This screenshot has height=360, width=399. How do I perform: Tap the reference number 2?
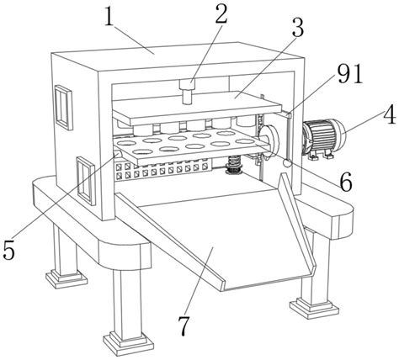pos(221,13)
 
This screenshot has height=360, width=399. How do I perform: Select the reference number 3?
pos(298,28)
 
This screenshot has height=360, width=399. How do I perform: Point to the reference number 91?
pos(350,74)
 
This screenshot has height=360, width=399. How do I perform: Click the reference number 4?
pos(390,115)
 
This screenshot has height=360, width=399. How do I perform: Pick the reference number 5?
pos(8,250)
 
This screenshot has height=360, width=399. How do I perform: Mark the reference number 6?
pos(346,183)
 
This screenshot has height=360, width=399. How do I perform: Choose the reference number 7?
pos(184,326)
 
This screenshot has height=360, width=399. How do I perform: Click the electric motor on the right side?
pos(324,138)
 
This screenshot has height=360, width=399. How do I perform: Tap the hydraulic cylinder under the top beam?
pos(187,92)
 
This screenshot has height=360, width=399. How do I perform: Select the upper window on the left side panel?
pos(63,108)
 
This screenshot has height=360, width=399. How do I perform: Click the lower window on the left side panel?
pos(85,180)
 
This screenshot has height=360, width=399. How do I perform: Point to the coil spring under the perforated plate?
pos(234,165)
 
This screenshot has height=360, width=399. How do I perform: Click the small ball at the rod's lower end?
pos(287,163)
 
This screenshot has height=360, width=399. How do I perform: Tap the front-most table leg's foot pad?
pos(129,342)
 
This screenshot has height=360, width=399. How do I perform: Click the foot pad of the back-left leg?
pos(66,278)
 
